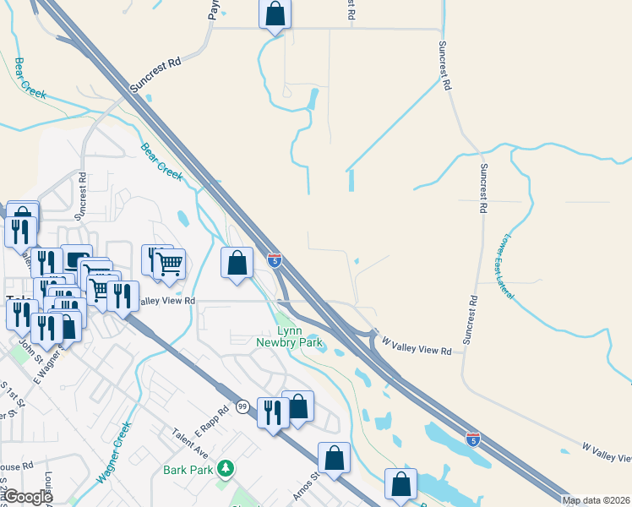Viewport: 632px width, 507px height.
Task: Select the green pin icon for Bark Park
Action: (225, 468)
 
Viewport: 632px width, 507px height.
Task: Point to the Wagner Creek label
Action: (115, 453)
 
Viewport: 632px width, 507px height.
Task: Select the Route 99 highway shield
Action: (242, 406)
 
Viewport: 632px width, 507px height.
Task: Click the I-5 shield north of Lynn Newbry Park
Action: (275, 260)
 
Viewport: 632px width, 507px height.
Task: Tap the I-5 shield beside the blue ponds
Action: (473, 439)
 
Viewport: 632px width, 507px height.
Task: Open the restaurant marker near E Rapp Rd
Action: (273, 412)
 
